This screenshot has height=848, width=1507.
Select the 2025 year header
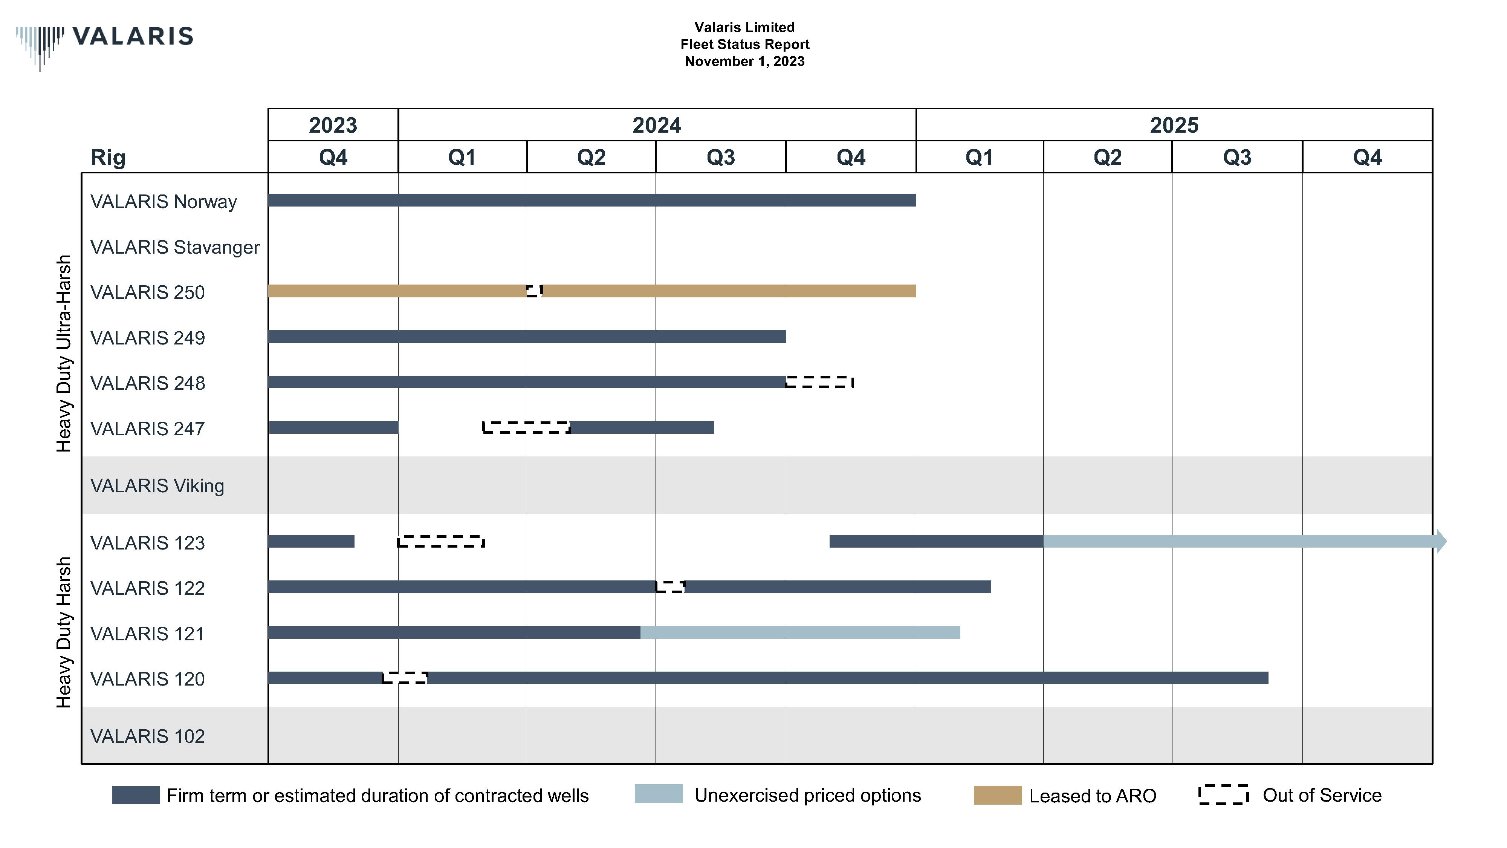point(1174,125)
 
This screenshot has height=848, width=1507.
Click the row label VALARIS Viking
point(157,486)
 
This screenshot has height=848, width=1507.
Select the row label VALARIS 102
point(147,736)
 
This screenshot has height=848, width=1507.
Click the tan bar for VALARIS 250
point(725,291)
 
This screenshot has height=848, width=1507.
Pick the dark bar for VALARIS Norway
point(591,200)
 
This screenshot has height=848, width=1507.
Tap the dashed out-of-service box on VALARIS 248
point(819,382)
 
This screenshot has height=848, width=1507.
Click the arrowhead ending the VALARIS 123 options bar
point(1441,541)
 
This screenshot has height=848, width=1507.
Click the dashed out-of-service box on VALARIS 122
point(670,587)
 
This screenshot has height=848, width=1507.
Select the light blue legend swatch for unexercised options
point(658,794)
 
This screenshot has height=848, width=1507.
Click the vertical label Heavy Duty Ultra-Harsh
point(63,354)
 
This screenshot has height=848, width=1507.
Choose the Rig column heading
point(108,158)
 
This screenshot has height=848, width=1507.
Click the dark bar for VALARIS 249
point(527,337)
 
